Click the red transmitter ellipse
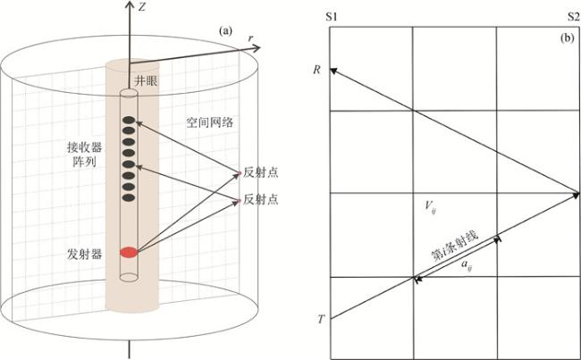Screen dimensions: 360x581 130,253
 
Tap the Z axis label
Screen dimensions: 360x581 142,7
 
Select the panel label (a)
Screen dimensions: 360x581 226,30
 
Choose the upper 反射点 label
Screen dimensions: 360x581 261,172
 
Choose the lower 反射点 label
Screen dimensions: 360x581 261,199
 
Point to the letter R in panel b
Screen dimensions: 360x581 318,68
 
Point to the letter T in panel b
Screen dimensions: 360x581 319,319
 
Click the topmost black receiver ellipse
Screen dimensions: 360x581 129,121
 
